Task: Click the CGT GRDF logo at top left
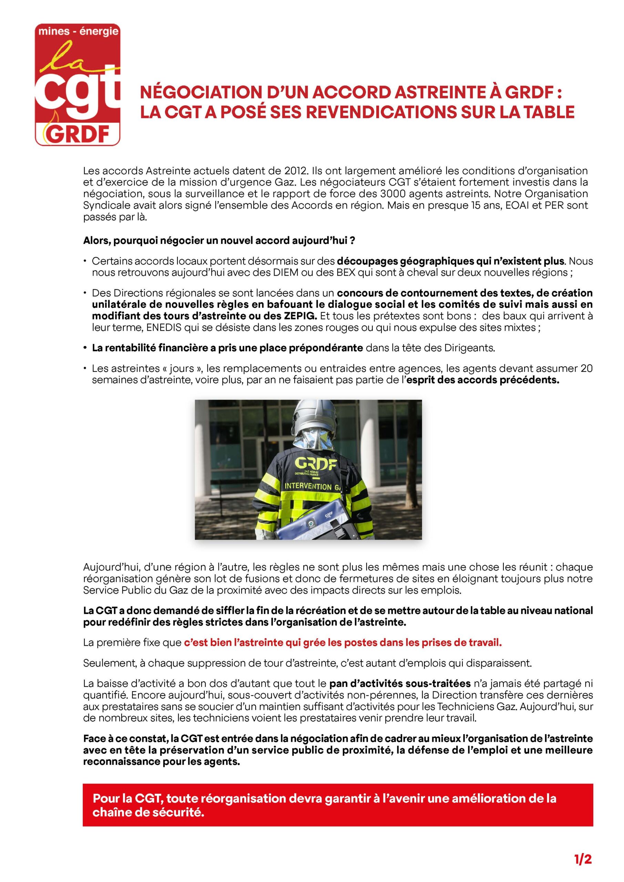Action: (x=78, y=84)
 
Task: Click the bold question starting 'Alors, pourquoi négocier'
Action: (x=219, y=241)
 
